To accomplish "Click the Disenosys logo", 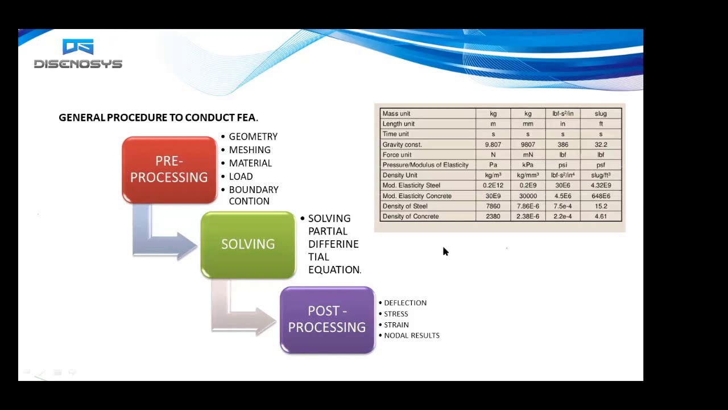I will click(78, 55).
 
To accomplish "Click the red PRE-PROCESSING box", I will click(169, 169).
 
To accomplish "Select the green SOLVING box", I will click(248, 244).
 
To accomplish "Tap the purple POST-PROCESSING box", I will click(327, 319).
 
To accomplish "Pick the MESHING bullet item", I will click(250, 150).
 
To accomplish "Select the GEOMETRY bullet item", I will click(253, 137).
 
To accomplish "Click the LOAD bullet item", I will click(241, 177).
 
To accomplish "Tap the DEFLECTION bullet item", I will click(405, 303).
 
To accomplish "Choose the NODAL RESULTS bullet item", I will click(412, 335).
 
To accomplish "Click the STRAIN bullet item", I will click(396, 325).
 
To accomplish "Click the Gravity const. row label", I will click(402, 145).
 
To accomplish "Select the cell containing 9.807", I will click(493, 145).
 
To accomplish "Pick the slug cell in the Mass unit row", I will click(601, 114).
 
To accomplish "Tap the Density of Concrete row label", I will click(411, 216).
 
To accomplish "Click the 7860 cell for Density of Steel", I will click(493, 206).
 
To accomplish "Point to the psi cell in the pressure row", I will click(562, 165).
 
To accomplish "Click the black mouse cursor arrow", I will click(445, 252).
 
